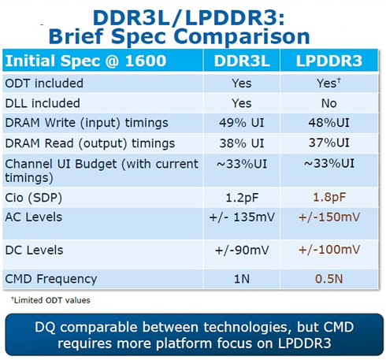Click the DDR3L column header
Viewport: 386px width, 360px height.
(242, 61)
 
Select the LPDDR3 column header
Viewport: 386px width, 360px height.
(329, 61)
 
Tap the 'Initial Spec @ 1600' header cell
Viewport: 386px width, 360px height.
(86, 61)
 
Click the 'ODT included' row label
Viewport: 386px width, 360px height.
(44, 84)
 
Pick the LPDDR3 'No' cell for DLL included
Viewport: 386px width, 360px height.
(329, 103)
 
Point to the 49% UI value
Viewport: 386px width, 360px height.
(242, 123)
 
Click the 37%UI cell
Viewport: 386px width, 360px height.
(329, 143)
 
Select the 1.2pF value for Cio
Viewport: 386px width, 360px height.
(242, 198)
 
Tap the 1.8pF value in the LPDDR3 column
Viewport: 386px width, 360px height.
(329, 197)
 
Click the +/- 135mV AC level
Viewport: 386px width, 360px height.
(242, 217)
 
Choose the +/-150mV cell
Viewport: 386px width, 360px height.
(329, 217)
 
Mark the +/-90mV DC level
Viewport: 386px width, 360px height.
(242, 250)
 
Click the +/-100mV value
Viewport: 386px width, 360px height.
(329, 250)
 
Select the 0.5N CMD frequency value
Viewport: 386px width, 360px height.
(329, 279)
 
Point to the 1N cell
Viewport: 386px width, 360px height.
(242, 279)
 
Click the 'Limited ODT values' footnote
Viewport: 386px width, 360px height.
(50, 300)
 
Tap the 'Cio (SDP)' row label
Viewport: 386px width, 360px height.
(34, 198)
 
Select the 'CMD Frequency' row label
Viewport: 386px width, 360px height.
(51, 279)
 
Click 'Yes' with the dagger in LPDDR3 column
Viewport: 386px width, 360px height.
(328, 84)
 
